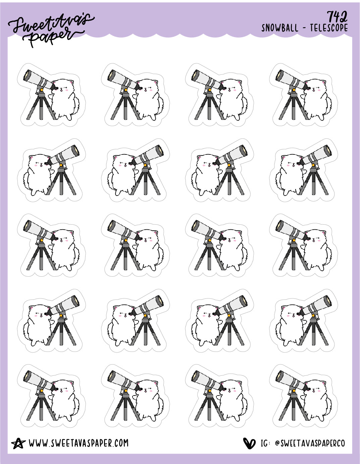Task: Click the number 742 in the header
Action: [x=337, y=17]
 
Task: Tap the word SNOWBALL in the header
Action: [x=279, y=28]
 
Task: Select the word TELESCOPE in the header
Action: [x=329, y=28]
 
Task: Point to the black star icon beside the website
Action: [x=18, y=444]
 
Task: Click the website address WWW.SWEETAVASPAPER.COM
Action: [x=79, y=443]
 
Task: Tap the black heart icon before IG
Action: [x=249, y=443]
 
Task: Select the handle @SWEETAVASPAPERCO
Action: [x=310, y=444]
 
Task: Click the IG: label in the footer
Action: [x=265, y=444]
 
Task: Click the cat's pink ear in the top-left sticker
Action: [x=72, y=82]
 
